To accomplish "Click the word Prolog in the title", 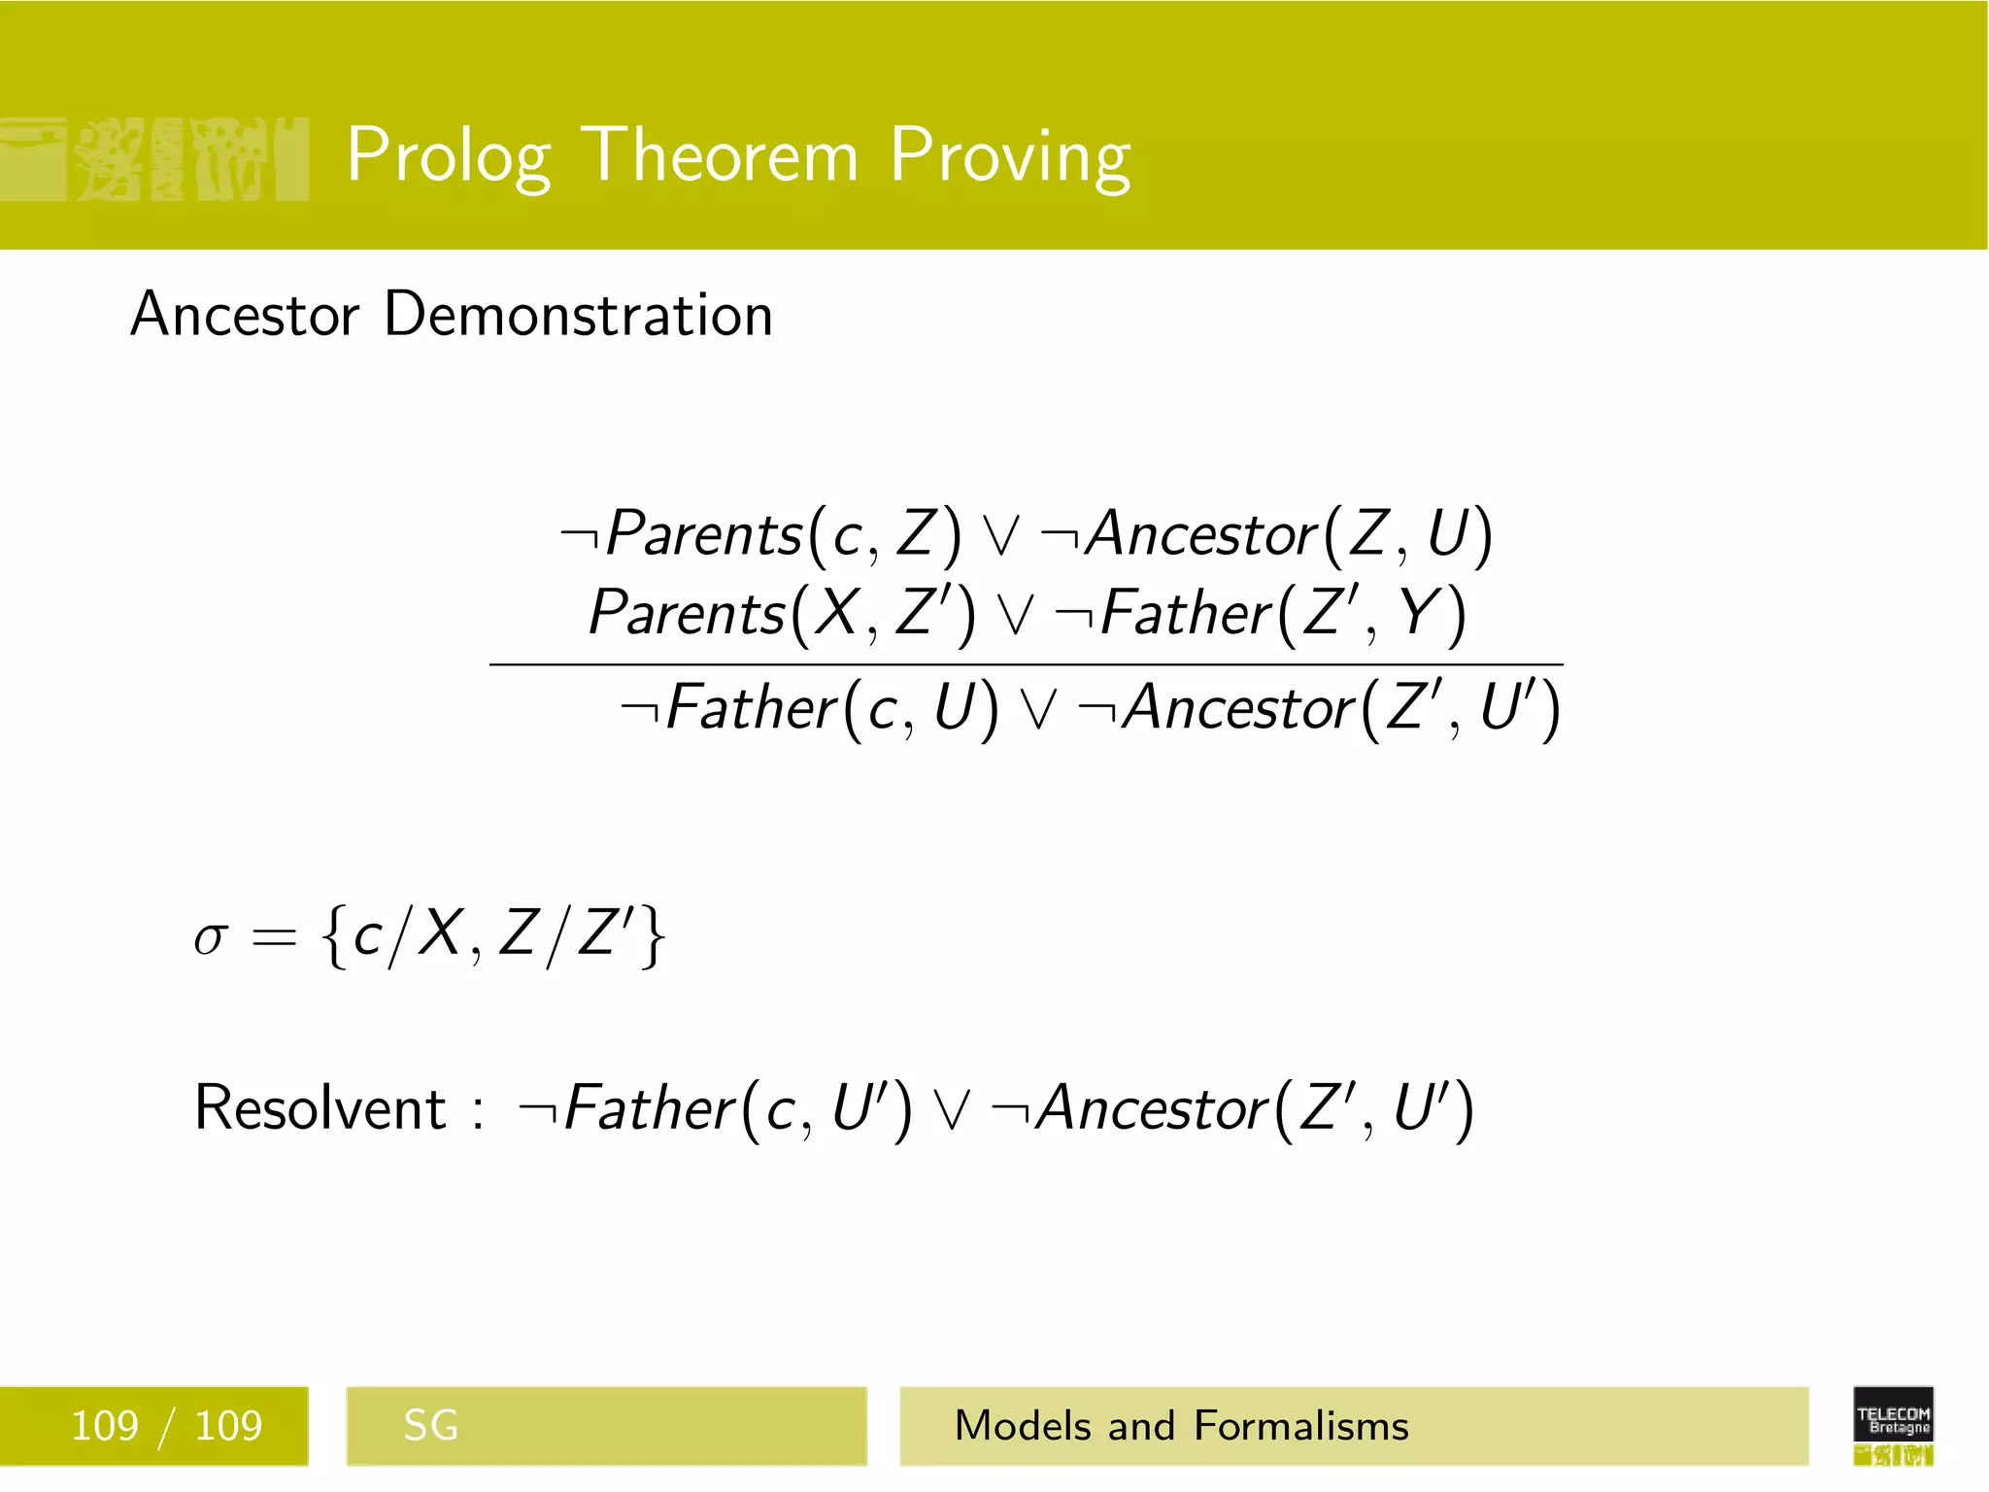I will click(x=449, y=155).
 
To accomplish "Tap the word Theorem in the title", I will click(x=724, y=155).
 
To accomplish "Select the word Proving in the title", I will click(x=1010, y=155).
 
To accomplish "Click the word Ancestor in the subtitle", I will click(x=245, y=315).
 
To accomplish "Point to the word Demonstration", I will click(x=578, y=315).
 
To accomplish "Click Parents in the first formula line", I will click(x=704, y=534).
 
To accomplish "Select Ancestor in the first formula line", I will click(x=1201, y=534).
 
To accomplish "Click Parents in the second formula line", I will click(x=687, y=613).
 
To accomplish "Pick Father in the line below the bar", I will click(x=752, y=707).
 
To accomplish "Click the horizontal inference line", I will click(x=1026, y=664).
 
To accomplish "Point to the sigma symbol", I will click(x=211, y=936).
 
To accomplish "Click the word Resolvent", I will click(x=320, y=1107).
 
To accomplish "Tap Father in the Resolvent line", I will click(x=649, y=1107).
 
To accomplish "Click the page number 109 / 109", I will click(x=166, y=1426).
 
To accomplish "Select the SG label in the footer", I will click(x=430, y=1426).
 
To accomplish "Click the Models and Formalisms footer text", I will click(x=1181, y=1426).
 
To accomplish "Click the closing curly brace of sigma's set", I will click(x=654, y=936).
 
